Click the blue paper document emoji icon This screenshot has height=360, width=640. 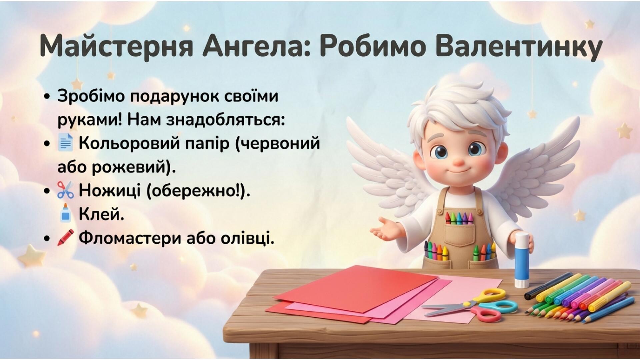coord(65,142)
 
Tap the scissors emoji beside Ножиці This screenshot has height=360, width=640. coord(65,190)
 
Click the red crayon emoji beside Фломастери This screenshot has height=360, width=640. coord(65,237)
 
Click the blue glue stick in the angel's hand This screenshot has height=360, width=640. coord(522,260)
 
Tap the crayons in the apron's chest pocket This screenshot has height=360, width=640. coord(459,219)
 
